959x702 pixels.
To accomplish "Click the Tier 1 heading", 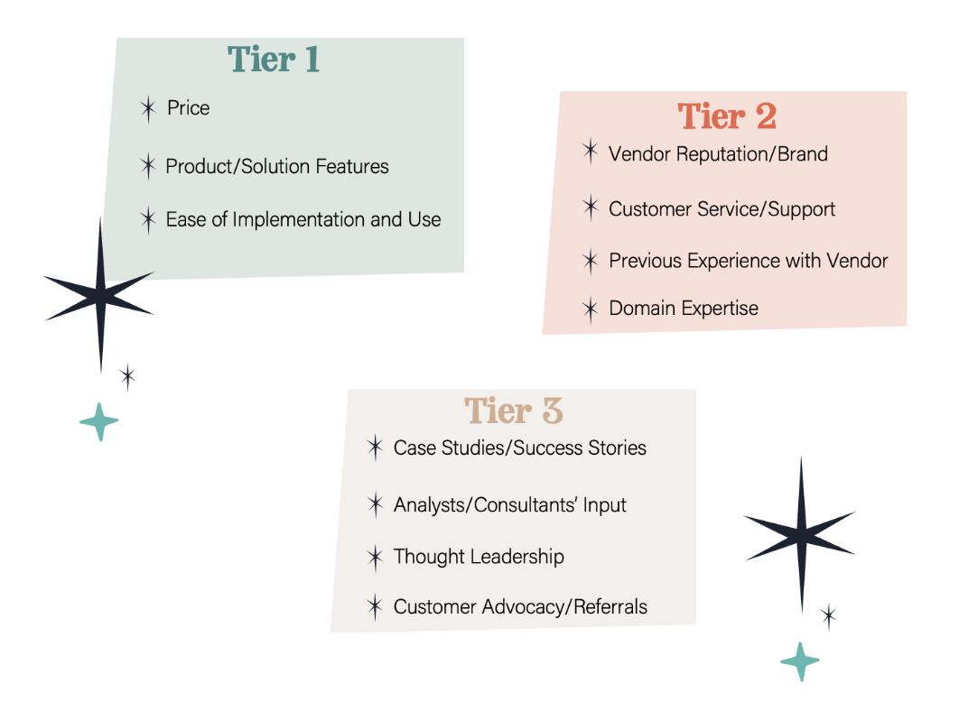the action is click(x=274, y=60).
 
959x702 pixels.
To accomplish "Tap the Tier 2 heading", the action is click(x=727, y=115).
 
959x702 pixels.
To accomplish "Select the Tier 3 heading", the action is click(x=513, y=410).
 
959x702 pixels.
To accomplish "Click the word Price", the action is click(x=189, y=108).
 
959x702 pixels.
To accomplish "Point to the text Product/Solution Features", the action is click(x=277, y=166).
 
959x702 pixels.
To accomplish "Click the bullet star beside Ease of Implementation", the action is click(x=148, y=219).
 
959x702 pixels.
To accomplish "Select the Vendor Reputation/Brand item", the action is click(x=718, y=154).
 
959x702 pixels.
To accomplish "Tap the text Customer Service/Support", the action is click(x=722, y=209).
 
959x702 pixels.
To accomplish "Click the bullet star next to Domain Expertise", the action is click(x=591, y=309).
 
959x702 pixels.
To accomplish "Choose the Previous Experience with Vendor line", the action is click(x=748, y=261).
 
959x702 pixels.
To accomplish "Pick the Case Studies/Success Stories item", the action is click(x=520, y=448).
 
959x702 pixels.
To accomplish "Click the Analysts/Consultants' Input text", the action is click(x=509, y=505).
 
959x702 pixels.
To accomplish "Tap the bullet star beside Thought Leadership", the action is click(x=375, y=558).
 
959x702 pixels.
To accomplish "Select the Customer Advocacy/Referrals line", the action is click(x=520, y=606).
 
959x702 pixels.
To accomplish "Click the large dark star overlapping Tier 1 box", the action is click(x=100, y=296).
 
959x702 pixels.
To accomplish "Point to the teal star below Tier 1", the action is click(x=99, y=421).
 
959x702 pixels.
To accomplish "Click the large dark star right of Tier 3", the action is click(x=801, y=535).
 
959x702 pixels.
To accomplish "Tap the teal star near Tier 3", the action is click(x=800, y=661).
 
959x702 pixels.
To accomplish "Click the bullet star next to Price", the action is click(x=148, y=109).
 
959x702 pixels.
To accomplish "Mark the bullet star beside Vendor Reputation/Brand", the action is click(x=591, y=151).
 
